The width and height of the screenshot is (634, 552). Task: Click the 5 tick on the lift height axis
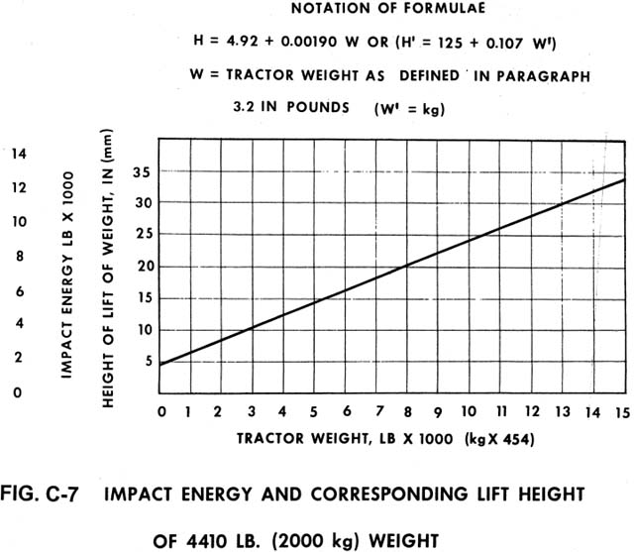point(145,362)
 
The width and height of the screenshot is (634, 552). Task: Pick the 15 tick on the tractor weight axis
point(620,409)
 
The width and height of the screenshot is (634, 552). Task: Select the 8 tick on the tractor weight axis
point(407,409)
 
